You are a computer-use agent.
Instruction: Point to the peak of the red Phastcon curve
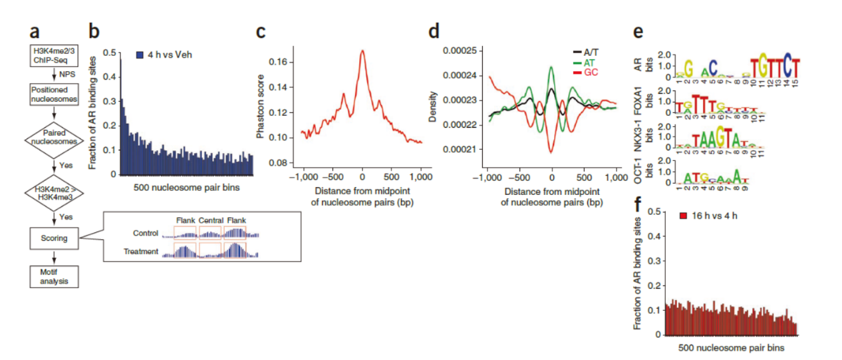coord(362,50)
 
